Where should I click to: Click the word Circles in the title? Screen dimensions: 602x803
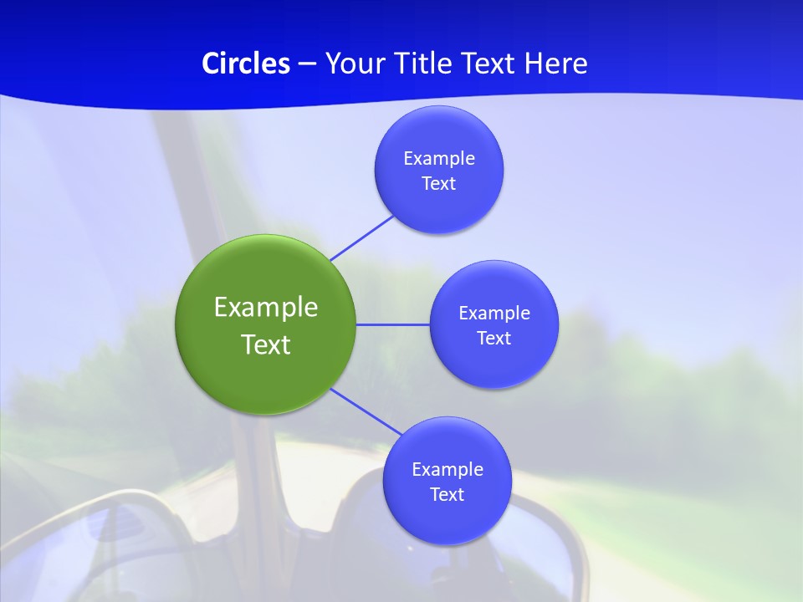point(245,64)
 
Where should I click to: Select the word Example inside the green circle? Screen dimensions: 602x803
point(266,307)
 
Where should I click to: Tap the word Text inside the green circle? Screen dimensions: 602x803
point(266,344)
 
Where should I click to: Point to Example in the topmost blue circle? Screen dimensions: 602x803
point(439,159)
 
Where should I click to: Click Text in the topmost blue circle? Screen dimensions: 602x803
point(439,184)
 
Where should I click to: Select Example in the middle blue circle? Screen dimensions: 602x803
point(494,314)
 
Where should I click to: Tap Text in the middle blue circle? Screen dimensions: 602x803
point(494,339)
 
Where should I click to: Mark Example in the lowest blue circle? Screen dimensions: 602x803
point(447,470)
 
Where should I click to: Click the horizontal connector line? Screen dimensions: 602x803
point(393,324)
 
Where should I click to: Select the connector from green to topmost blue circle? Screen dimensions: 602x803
point(361,237)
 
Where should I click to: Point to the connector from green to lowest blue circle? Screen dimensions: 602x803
point(366,412)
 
